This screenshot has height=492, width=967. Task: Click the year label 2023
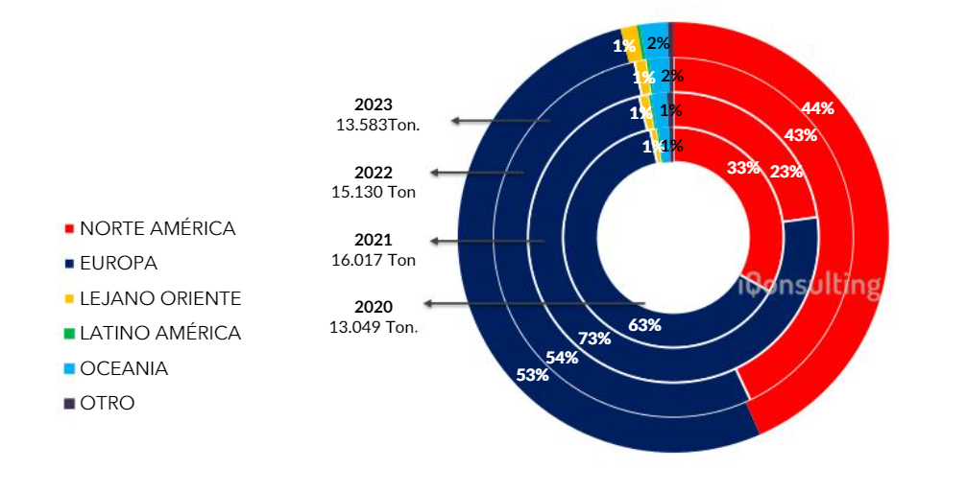pos(374,105)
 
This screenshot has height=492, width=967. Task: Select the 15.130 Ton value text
pos(374,191)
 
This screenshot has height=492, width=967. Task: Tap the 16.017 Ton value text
pos(374,258)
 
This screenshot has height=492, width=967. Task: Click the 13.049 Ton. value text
pos(374,326)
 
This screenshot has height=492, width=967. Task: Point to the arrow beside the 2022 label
pos(476,173)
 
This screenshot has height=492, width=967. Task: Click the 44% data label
pos(817,107)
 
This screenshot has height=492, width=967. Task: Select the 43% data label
pos(800,135)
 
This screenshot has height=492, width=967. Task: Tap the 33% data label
pos(743,167)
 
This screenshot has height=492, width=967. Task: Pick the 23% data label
pos(786,172)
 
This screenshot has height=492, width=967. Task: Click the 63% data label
pos(644,324)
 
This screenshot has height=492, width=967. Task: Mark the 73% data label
pos(595,338)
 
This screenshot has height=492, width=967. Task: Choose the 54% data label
pos(562,358)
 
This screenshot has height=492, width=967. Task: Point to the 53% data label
pos(532,374)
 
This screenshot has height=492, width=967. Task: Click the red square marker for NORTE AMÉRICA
pos(68,229)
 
